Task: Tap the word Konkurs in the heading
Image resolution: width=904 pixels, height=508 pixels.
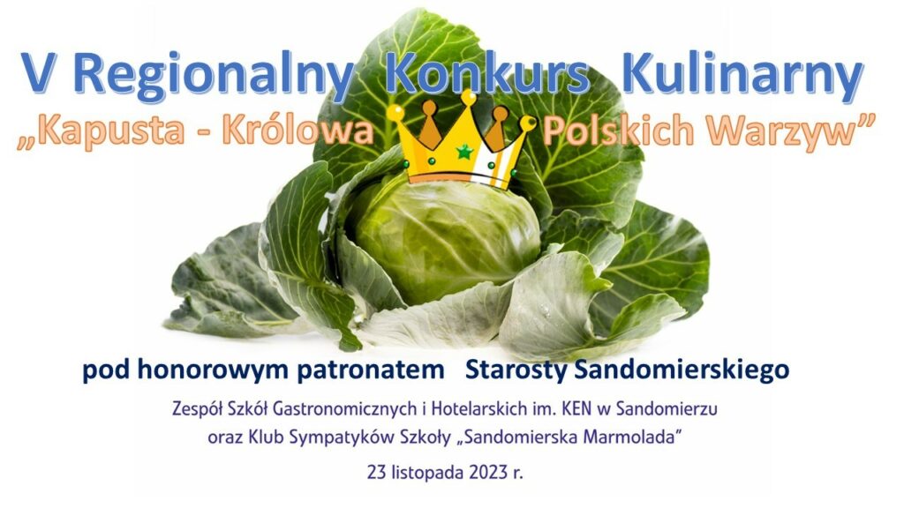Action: [x=487, y=74]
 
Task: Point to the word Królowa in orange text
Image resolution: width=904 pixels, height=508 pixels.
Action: [x=298, y=131]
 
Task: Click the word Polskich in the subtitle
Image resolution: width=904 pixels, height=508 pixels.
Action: [x=618, y=131]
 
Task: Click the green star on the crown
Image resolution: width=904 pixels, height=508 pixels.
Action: [x=464, y=152]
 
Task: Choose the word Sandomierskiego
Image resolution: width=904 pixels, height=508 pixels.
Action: [x=682, y=370]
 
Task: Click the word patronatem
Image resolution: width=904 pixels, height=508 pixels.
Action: [x=371, y=370]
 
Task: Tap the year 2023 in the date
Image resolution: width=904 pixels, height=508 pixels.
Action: [x=488, y=474]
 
